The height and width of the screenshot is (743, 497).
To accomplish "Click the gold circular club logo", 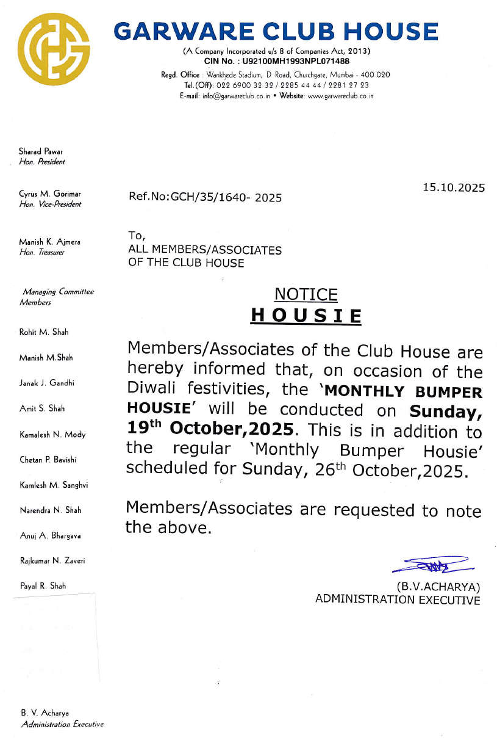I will coord(54,49).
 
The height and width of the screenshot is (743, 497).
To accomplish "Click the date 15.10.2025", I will coord(454,188).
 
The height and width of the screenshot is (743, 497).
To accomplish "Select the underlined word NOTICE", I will coord(306,295).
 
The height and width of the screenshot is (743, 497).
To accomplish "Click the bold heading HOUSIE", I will coord(306,316).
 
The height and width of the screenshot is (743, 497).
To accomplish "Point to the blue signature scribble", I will coord(429,565).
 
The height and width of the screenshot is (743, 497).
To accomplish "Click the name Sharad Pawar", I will coord(41,151).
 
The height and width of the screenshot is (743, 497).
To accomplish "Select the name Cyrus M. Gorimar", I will coord(46,194).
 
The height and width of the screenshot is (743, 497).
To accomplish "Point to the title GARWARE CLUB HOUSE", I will coord(276,32).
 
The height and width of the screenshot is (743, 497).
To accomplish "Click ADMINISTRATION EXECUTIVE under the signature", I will coord(398,600).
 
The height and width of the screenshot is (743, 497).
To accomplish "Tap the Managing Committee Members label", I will coord(57,297).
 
